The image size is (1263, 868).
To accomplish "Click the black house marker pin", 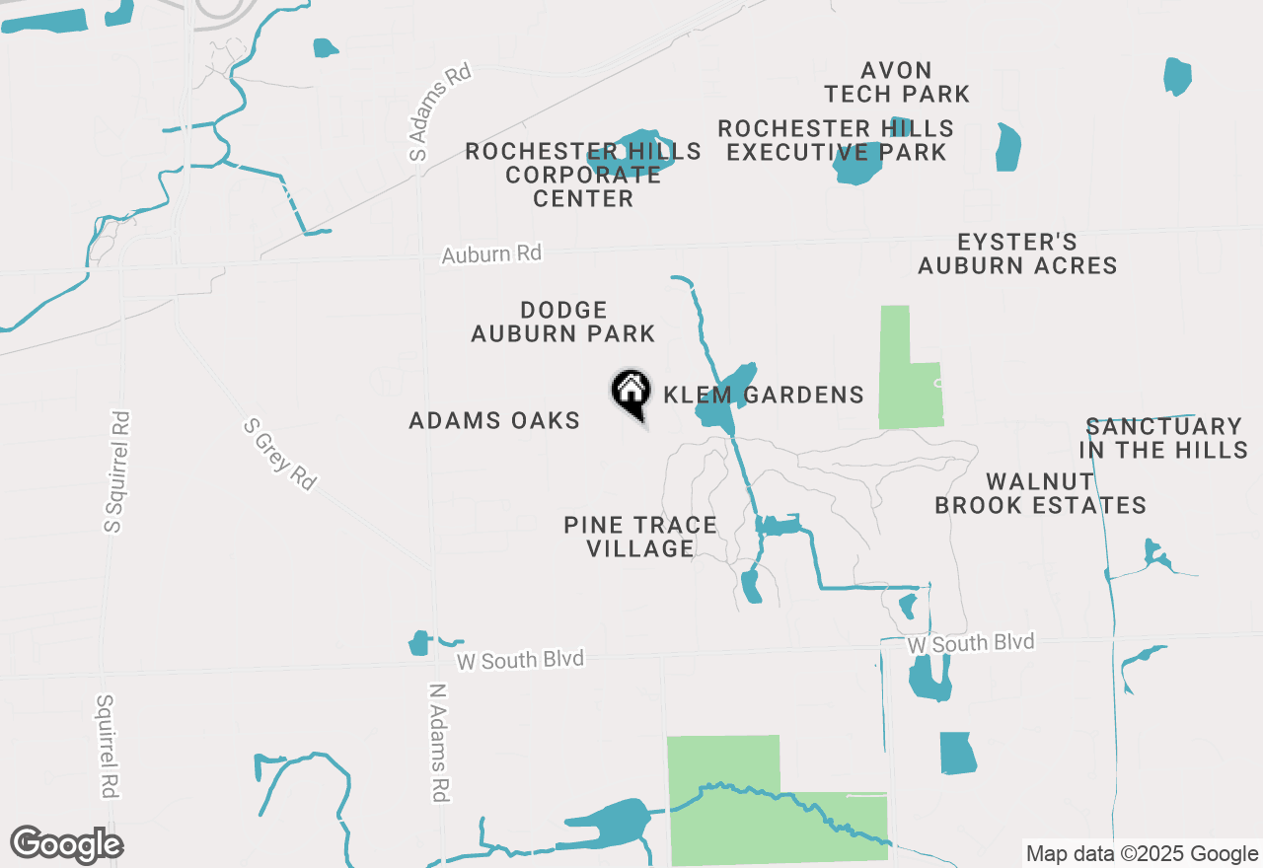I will pos(631,393).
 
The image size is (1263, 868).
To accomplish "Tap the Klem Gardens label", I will pos(764,396).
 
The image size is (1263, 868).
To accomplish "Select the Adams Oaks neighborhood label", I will pos(494,421).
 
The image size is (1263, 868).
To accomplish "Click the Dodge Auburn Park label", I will pos(562,323).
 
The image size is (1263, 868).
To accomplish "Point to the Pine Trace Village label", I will pos(640,537).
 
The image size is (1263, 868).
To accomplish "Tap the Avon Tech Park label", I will pos(897,82).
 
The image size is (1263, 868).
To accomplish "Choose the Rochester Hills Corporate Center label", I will pos(583,175).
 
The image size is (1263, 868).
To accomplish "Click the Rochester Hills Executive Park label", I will pos(836,140).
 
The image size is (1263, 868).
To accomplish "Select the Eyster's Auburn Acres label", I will pos(1017,253).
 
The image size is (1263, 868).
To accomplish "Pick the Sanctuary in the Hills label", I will pos(1163,438).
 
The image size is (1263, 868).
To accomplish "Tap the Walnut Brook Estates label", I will pos(1040,493).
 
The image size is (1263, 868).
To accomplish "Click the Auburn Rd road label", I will pos(491,253).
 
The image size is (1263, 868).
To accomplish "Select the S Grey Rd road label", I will pos(280,454).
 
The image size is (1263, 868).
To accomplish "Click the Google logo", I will pos(67,844).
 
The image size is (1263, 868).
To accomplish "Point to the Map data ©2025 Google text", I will pos(1141,854).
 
